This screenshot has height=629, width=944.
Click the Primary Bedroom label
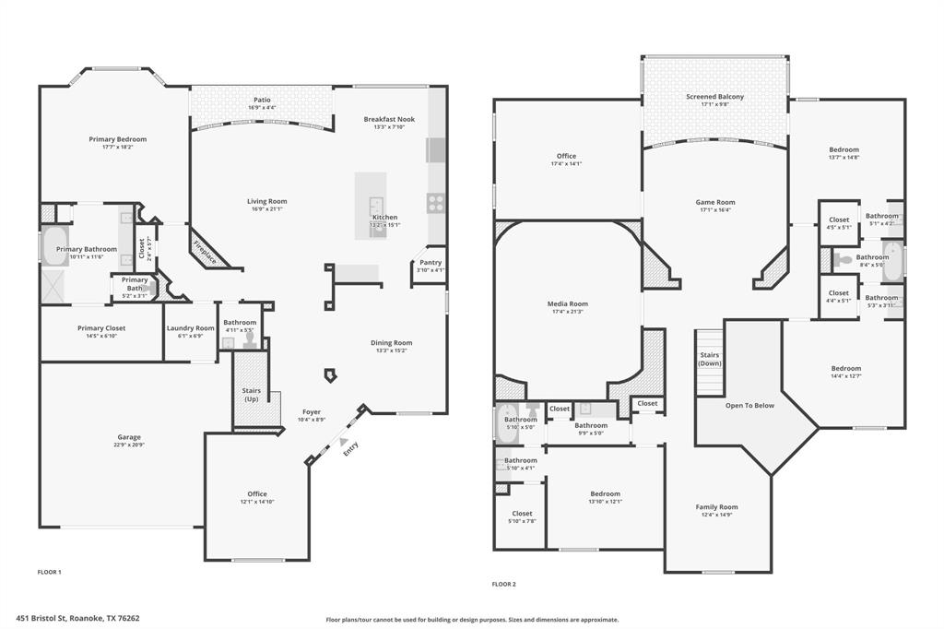coord(117,139)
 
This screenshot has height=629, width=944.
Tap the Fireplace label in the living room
coord(205,249)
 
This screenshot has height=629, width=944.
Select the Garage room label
coord(128,437)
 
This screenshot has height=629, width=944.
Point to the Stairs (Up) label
coord(251,395)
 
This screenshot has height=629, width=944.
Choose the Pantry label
coord(431,263)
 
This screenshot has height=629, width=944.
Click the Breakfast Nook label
coord(388,119)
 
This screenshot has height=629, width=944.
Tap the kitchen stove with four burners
coord(435,203)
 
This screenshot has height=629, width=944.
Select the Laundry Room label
coord(190,328)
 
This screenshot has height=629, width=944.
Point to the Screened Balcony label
coord(714,97)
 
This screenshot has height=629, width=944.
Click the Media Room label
coord(567,303)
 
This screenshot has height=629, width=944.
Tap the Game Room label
coord(714,202)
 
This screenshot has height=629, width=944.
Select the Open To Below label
coord(749,405)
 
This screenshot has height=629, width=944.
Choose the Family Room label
coord(716,507)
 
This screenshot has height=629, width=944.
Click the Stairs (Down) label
coord(709,359)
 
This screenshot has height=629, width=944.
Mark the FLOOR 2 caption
coord(503,584)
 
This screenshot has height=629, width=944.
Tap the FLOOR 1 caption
coord(49,572)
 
